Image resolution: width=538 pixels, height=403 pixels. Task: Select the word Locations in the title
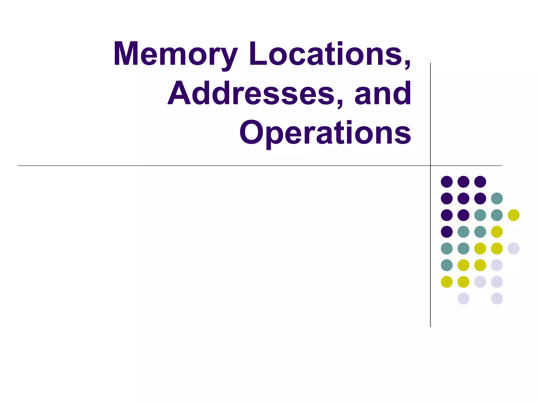326,54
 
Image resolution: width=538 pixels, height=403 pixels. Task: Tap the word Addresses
251,93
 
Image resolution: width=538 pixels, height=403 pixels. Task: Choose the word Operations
325,133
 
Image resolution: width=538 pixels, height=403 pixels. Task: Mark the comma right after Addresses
340,104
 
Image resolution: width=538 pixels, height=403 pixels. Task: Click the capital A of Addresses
179,93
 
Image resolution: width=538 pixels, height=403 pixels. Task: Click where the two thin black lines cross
430,166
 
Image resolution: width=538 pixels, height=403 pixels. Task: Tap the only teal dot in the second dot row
497,198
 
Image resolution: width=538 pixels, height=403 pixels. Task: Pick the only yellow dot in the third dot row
514,215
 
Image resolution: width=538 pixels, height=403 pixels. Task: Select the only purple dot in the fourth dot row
447,232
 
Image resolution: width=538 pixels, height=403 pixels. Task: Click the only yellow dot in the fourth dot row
497,232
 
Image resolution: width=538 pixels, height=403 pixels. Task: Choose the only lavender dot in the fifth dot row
514,248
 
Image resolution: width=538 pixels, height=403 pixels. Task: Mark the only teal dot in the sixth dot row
447,265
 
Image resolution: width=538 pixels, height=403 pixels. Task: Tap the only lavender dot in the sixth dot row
497,265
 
